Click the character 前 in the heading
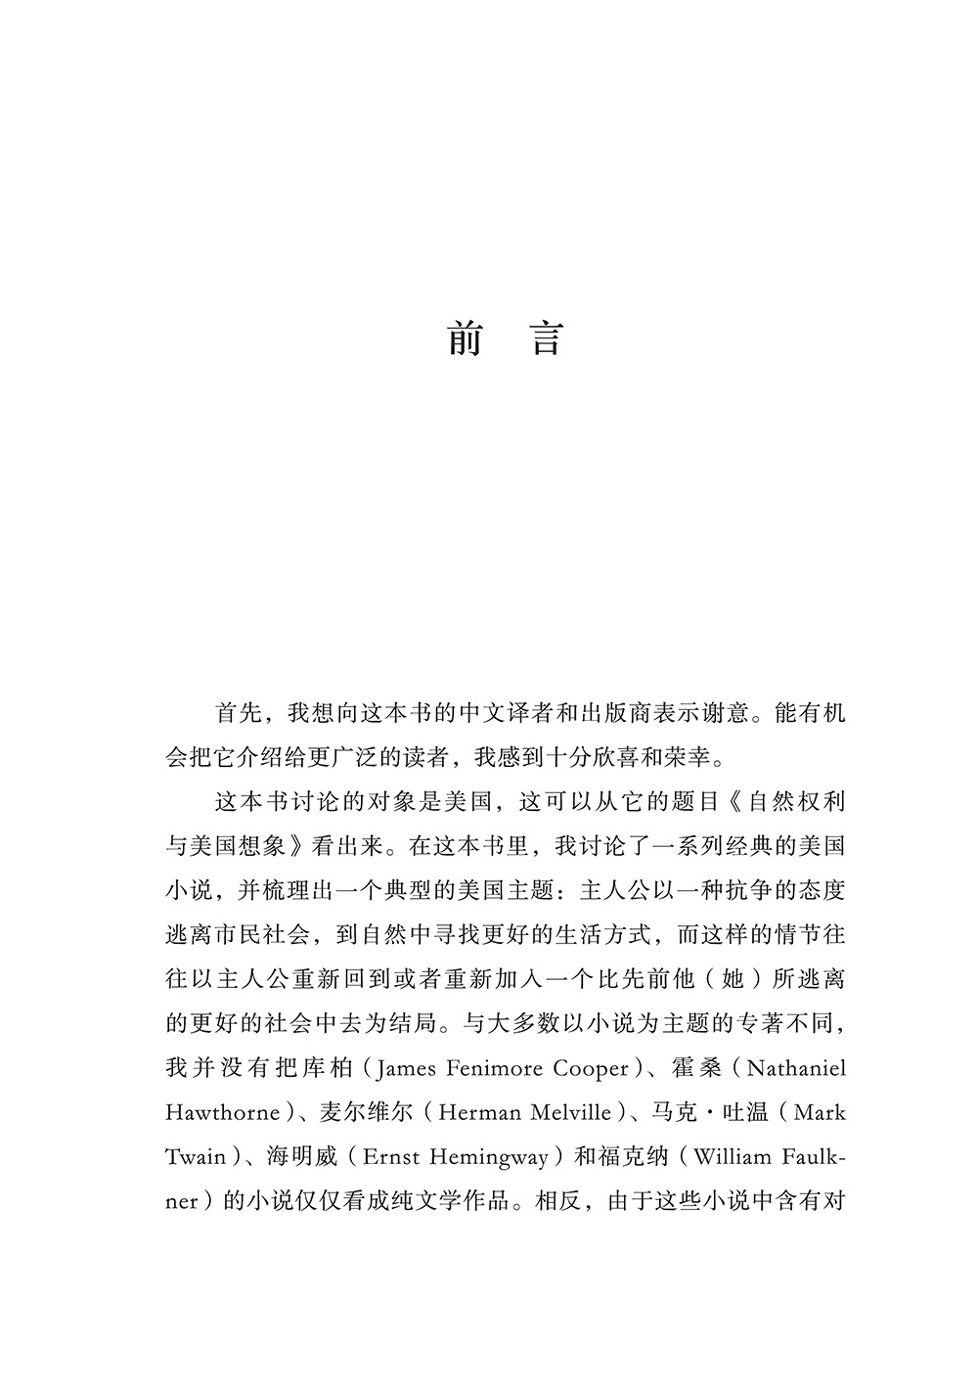click(x=466, y=337)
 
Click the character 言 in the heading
click(x=546, y=337)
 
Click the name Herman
click(x=482, y=1112)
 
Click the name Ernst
click(x=391, y=1156)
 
